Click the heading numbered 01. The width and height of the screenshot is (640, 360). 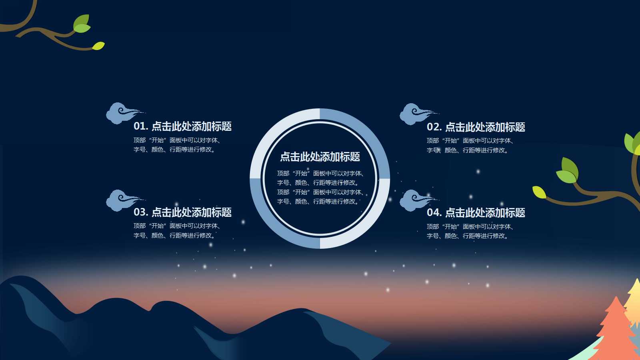pos(182,126)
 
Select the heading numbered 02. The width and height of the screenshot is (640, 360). pos(476,127)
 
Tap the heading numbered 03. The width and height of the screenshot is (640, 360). pos(182,212)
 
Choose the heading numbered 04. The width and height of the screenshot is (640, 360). pos(476,213)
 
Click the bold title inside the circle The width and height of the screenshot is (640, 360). pos(320,157)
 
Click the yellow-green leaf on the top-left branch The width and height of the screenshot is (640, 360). pos(98,46)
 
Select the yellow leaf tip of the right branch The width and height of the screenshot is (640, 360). pos(539,192)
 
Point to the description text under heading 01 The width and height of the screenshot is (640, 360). pos(177,145)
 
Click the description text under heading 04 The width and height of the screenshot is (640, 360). pos(470,231)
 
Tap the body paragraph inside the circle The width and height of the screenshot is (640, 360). pos(320,187)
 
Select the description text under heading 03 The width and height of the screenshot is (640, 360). pos(177,230)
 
